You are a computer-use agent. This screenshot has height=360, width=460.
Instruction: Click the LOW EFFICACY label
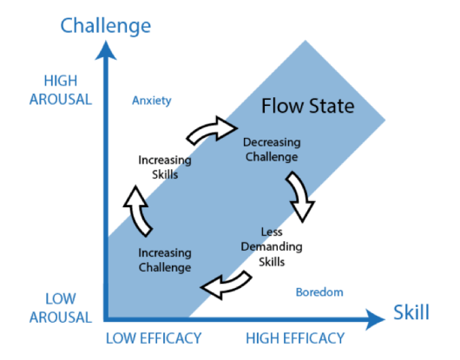pyautogui.click(x=154, y=337)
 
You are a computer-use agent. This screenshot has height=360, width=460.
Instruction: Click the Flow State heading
pyautogui.click(x=307, y=108)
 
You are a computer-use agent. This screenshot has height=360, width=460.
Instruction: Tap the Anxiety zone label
pyautogui.click(x=145, y=100)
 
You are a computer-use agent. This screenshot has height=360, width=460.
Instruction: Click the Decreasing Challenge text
pyautogui.click(x=271, y=149)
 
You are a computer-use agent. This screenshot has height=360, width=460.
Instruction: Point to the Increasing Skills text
pyautogui.click(x=164, y=166)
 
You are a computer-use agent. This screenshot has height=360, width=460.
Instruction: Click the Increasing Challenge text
pyautogui.click(x=164, y=259)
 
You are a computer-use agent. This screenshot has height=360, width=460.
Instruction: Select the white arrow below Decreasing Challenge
pyautogui.click(x=302, y=195)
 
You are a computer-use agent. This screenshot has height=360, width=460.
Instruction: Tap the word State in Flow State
pyautogui.click(x=332, y=108)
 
